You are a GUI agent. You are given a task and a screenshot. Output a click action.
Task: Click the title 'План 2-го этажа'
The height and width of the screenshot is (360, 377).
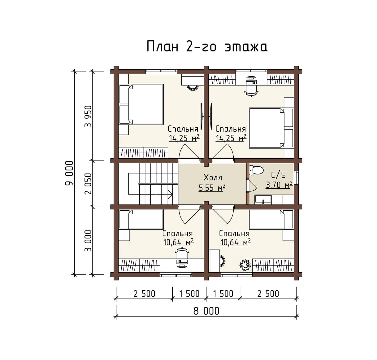[207, 46]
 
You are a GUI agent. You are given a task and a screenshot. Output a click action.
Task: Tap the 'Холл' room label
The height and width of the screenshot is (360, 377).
[213, 178]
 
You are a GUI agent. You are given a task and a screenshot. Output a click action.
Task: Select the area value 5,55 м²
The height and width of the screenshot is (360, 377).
[212, 187]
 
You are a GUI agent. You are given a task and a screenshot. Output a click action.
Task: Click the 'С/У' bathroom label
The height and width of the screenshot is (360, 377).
[279, 175]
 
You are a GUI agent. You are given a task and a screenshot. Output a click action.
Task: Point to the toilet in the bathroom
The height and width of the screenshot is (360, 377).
[257, 170]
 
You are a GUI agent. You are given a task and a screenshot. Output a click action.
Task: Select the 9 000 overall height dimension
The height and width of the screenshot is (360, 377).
[69, 173]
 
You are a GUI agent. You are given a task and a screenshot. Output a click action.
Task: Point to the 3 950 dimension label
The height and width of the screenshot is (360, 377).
[89, 116]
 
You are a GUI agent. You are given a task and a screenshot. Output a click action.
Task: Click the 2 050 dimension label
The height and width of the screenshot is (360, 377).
[89, 184]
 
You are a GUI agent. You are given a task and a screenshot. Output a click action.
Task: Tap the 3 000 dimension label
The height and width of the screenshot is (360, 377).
[89, 241]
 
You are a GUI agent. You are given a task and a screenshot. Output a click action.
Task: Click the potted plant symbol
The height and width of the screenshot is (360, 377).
[245, 265]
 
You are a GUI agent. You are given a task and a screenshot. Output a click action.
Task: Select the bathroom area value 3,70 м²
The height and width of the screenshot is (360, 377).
[279, 185]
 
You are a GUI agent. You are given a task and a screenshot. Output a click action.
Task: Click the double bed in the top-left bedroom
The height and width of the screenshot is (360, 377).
[141, 104]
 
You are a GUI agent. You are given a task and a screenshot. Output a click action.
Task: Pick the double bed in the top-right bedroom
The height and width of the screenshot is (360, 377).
[271, 128]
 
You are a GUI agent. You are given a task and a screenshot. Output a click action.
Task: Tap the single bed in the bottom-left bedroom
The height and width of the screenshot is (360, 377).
[141, 219]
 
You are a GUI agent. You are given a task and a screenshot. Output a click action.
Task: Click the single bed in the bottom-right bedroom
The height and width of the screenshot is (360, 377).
[271, 219]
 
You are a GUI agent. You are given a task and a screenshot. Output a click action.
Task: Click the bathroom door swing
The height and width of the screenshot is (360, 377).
[252, 186]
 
